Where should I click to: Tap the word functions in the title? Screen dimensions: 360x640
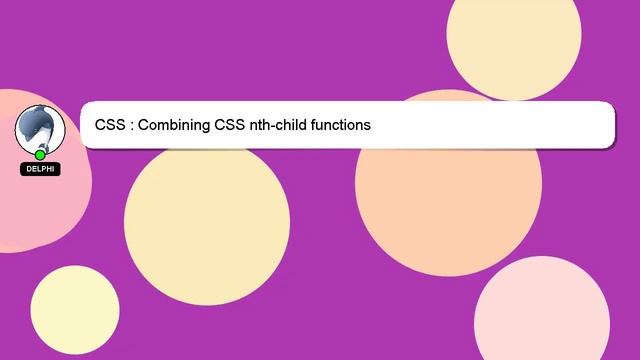(337, 126)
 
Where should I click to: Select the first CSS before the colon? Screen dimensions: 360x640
(110, 126)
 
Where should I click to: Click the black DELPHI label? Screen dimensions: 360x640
(40, 169)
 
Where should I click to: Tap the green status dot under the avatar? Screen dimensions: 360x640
(40, 155)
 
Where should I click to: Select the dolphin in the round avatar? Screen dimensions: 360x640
(39, 128)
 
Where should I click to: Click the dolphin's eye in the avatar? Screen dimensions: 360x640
(35, 120)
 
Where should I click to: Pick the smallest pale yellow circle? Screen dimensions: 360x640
(75, 310)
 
